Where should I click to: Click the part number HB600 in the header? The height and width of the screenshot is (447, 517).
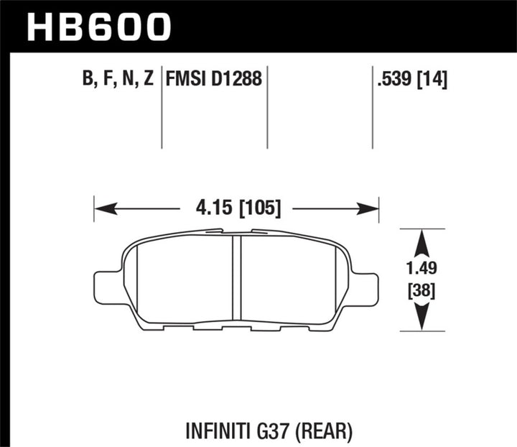100,27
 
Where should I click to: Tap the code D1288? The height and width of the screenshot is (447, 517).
236,78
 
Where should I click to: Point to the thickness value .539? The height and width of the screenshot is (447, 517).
391,78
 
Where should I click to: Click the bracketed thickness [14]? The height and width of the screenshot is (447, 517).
432,78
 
